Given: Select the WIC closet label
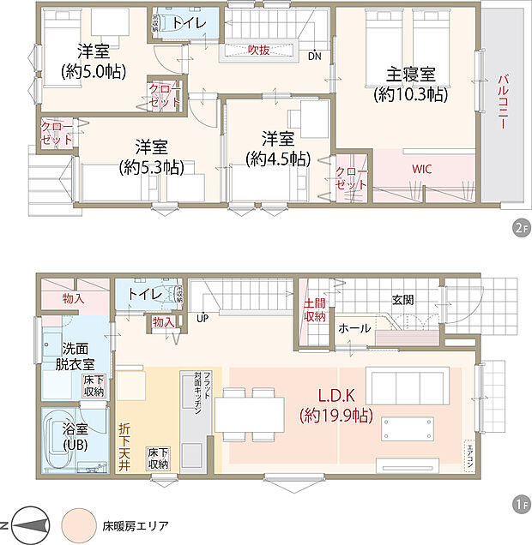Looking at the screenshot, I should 421,169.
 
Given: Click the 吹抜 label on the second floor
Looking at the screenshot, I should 259,51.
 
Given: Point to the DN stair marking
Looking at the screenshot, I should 315,57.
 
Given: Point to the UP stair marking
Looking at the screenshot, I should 203,317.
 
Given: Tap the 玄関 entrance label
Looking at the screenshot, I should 403,300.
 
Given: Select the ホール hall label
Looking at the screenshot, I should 354,328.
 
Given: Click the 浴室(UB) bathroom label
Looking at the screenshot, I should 71,440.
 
